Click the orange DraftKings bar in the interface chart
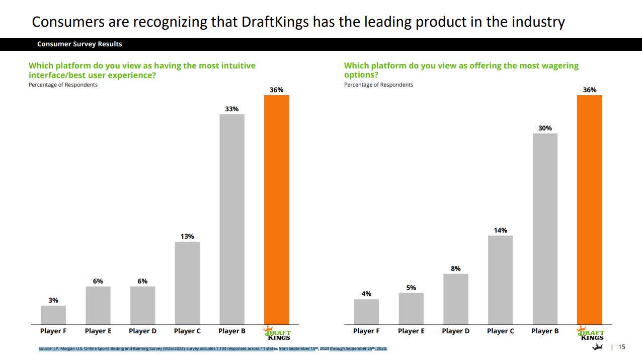tap(277, 209)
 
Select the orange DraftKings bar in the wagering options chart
tap(589, 209)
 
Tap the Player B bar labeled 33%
tap(232, 219)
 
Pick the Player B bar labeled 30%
tap(545, 229)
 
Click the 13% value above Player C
tap(187, 236)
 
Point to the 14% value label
tap(500, 230)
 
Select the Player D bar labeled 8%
tap(455, 299)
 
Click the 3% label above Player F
tap(53, 300)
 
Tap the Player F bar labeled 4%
tap(366, 312)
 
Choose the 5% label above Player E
tap(411, 287)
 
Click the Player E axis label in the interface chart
tap(98, 331)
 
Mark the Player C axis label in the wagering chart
tap(500, 331)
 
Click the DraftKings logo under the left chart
tap(277, 333)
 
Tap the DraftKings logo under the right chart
tap(590, 333)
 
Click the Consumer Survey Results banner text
tap(79, 44)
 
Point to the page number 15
tap(622, 347)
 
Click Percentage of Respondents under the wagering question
tap(378, 85)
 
